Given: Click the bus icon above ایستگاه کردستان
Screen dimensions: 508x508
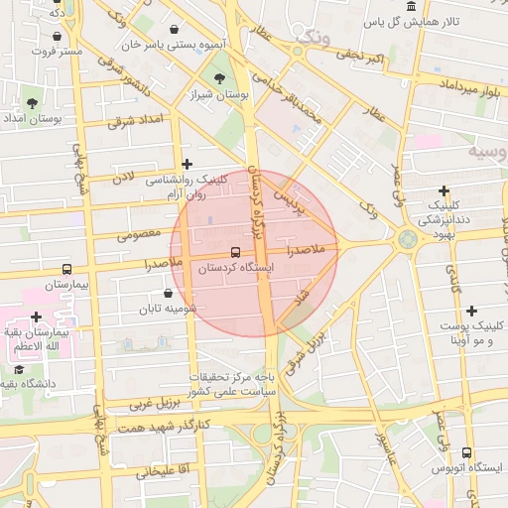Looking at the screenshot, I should (235, 252).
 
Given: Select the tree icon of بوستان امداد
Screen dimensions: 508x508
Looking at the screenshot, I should (33, 102).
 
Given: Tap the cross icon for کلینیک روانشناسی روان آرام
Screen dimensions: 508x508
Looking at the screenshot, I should (187, 165).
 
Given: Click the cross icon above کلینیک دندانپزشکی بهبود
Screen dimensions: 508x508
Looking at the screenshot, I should (444, 190).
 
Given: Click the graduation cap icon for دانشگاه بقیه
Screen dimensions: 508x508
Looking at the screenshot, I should (19, 369).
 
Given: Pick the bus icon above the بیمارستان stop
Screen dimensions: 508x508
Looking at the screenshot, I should (66, 269).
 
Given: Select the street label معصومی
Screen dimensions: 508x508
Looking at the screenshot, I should (139, 235).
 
